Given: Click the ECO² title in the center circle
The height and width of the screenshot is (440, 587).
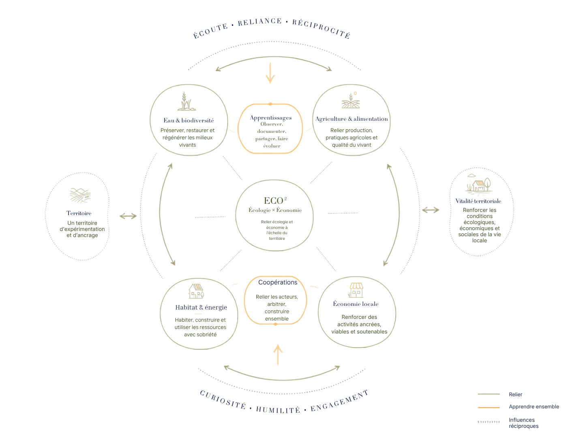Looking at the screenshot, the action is [275, 201].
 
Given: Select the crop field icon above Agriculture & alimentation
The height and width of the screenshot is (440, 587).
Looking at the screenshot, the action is [350, 100].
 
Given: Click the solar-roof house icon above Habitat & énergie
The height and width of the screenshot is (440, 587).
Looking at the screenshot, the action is [196, 291].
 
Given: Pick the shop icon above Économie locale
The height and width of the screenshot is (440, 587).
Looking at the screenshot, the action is [356, 290].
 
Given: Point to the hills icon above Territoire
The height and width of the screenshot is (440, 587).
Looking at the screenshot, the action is [80, 195].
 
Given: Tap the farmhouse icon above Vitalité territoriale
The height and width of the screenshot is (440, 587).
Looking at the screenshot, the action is [478, 183].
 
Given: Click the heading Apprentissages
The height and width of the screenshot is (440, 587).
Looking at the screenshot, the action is [270, 117].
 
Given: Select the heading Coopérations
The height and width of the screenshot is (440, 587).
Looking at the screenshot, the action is [278, 282].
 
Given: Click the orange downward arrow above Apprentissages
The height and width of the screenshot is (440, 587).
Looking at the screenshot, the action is [270, 73].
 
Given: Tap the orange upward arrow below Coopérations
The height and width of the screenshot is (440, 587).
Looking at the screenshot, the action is [278, 355].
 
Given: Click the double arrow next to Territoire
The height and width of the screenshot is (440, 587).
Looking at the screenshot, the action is [128, 216].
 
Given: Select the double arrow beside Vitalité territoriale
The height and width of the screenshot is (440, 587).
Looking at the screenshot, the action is [430, 210].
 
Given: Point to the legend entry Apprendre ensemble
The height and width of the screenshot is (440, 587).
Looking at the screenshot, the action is [533, 407].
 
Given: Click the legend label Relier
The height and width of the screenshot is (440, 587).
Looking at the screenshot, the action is [515, 394].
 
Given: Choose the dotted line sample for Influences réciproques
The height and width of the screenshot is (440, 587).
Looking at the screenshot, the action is [488, 422].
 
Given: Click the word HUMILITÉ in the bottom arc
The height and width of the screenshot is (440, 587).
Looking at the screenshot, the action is [278, 410].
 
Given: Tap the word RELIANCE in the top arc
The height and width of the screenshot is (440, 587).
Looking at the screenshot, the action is [260, 22].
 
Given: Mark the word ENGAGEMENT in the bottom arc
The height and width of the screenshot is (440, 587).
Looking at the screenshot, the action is [339, 401].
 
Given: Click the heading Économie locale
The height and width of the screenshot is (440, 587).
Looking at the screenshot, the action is [356, 304].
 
